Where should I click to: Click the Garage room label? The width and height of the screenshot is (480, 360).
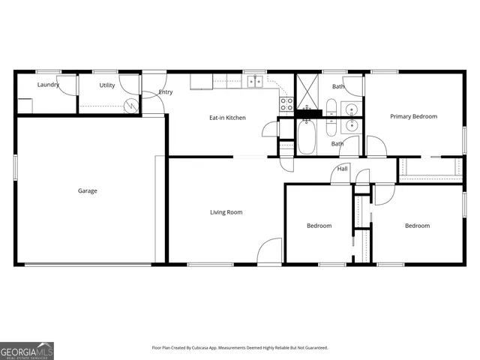coord(88,190)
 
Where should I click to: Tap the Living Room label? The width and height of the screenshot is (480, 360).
coord(226,212)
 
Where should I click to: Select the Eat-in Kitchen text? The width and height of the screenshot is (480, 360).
coord(227,118)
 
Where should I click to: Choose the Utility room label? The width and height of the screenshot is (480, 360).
coord(107,85)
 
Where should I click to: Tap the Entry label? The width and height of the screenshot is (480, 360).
coord(166,92)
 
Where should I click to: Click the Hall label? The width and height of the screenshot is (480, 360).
coord(342,169)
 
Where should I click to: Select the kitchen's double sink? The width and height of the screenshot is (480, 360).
coord(256,81)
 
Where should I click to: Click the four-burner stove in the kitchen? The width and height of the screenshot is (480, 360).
coord(286,104)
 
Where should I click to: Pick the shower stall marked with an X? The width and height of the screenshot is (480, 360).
coord(307,92)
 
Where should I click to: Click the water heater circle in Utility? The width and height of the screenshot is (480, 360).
coord(131,106)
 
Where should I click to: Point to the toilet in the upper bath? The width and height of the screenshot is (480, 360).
coord(331,106)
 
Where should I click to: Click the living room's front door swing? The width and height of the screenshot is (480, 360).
coord(268,251)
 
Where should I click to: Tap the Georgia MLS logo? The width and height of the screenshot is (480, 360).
coord(27,350)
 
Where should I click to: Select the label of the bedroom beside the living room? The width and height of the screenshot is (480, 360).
coord(319,226)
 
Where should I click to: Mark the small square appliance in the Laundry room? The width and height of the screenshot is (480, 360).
coord(25,106)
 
